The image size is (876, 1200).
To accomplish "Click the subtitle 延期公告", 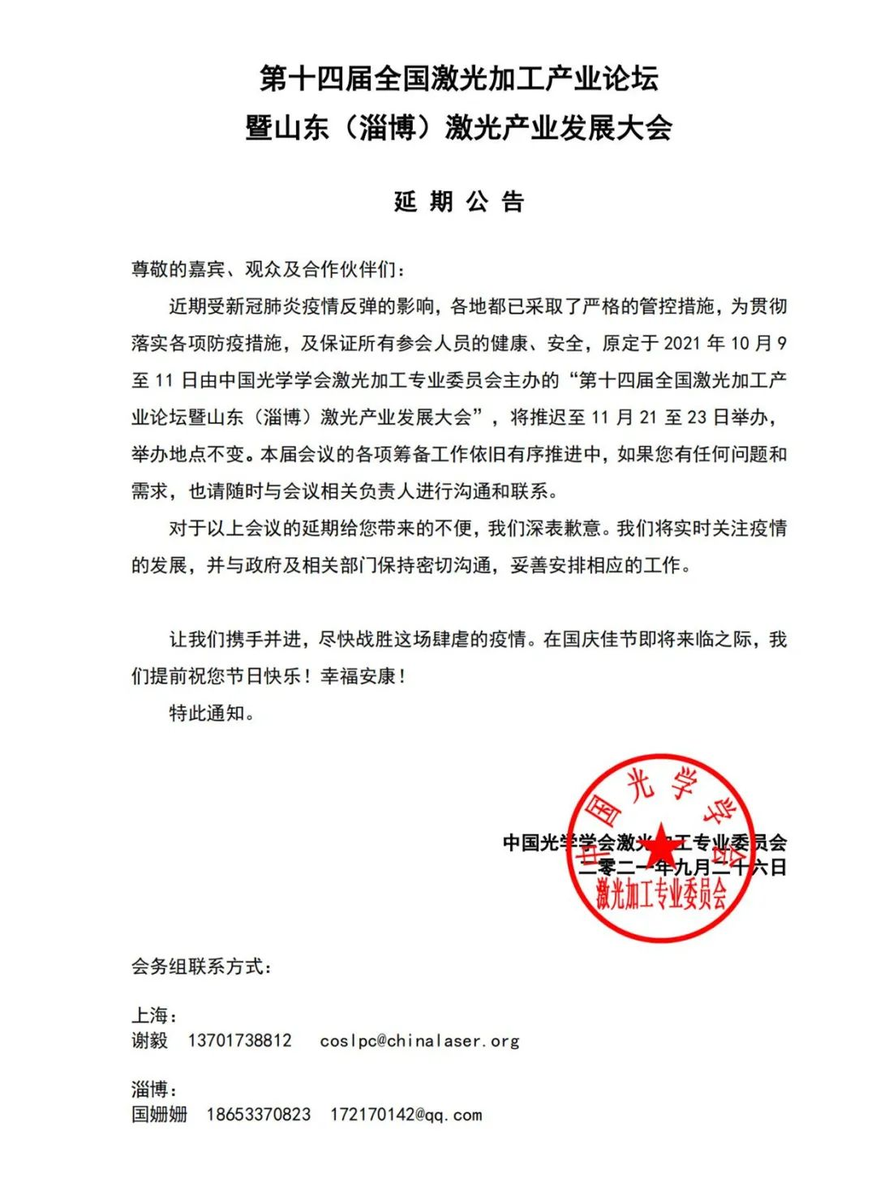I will tap(459, 201).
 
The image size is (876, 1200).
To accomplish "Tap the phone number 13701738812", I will tap(239, 1040).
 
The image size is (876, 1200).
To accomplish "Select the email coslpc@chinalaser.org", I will tap(419, 1040).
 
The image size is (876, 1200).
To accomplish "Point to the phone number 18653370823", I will tap(258, 1115).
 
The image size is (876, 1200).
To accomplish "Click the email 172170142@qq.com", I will tap(406, 1115).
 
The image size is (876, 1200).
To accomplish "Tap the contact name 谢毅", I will tap(150, 1040).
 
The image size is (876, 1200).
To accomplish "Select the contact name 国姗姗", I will tap(159, 1115).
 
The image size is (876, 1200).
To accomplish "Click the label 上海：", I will tap(154, 1015).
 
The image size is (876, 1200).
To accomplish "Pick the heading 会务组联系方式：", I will tap(202, 966).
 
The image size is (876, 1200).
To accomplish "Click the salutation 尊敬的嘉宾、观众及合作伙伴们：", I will tap(267, 269).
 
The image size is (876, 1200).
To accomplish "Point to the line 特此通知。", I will tap(212, 713).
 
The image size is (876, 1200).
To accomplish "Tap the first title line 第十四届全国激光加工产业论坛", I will tap(459, 79).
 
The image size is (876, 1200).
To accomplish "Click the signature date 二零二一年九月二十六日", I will tap(681, 868).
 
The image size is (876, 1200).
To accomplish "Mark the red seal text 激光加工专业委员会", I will tap(661, 894).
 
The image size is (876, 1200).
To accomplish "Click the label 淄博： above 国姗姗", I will tap(154, 1089).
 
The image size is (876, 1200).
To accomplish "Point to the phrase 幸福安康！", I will tap(363, 676).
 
